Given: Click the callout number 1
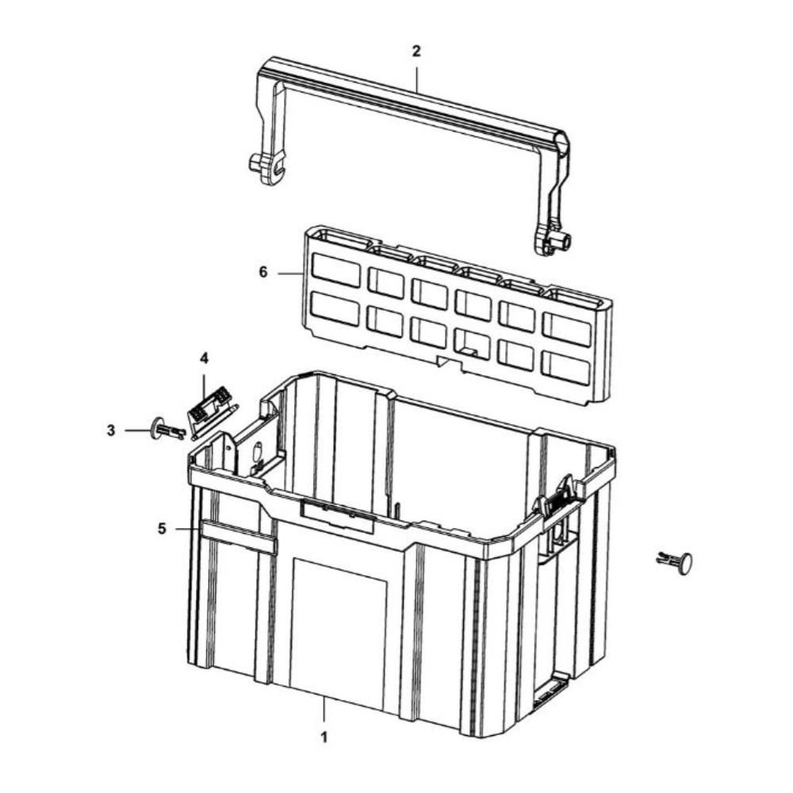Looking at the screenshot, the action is click(x=324, y=737).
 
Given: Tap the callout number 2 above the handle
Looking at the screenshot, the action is click(x=416, y=51).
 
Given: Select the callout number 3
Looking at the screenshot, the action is click(x=111, y=431).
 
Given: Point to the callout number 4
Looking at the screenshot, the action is click(x=204, y=358).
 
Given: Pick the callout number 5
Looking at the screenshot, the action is click(x=162, y=529).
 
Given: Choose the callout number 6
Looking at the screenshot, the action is click(x=263, y=272).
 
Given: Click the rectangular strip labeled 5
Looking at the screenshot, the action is click(x=239, y=537).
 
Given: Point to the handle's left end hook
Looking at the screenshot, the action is click(x=267, y=168).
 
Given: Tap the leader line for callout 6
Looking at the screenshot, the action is click(x=290, y=273).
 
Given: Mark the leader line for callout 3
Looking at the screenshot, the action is click(x=138, y=431).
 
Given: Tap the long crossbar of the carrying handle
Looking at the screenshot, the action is click(x=415, y=104).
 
